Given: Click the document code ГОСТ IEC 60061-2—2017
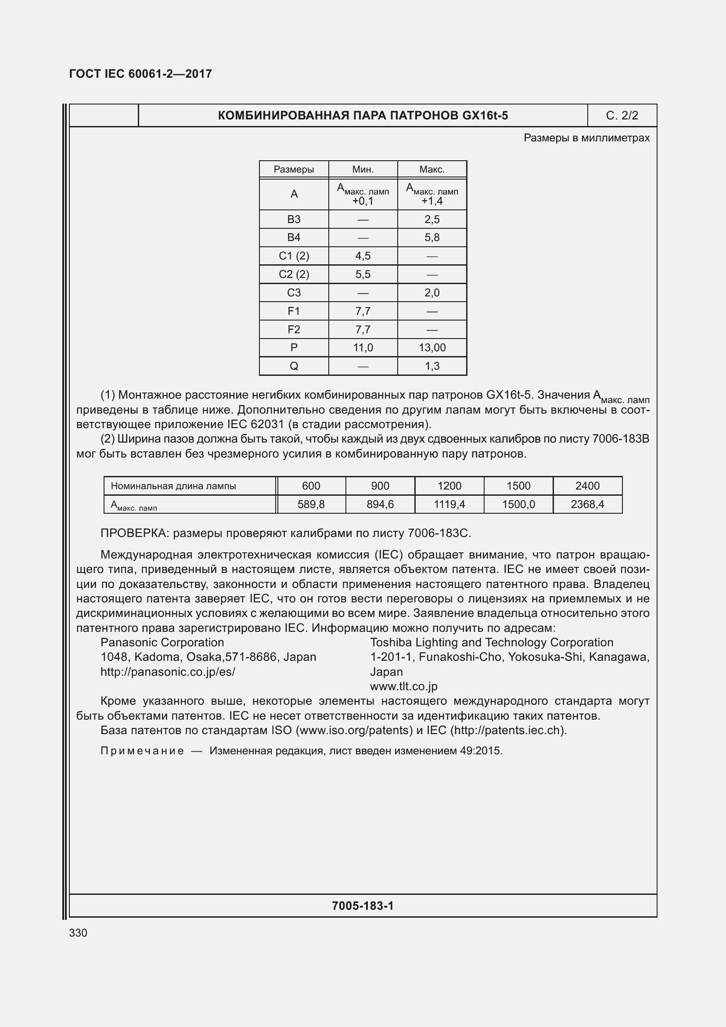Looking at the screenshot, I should pyautogui.click(x=140, y=74).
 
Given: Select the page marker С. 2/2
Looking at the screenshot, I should pyautogui.click(x=622, y=115).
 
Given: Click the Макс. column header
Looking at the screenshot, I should pyautogui.click(x=431, y=169).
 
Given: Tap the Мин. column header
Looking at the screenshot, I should pyautogui.click(x=363, y=169).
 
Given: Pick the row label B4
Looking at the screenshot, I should pyautogui.click(x=294, y=238).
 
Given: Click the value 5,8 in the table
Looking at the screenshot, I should pyautogui.click(x=432, y=238).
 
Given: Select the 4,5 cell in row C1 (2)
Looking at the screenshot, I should pyautogui.click(x=363, y=256).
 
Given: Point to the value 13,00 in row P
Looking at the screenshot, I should pyautogui.click(x=432, y=348).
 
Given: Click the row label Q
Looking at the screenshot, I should pyautogui.click(x=294, y=366).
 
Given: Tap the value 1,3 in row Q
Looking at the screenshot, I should pyautogui.click(x=432, y=366).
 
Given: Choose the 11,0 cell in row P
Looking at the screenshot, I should pyautogui.click(x=363, y=348).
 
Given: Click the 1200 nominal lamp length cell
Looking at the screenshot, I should pyautogui.click(x=449, y=486).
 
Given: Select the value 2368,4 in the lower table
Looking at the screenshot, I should pyautogui.click(x=587, y=504).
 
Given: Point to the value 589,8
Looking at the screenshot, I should pyautogui.click(x=311, y=504).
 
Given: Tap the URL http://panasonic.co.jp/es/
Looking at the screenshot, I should pyautogui.click(x=168, y=672).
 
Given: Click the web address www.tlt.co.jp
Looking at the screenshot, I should pyautogui.click(x=403, y=686).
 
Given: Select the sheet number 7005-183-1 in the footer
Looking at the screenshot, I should pyautogui.click(x=363, y=906).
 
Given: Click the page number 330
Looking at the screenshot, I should pyautogui.click(x=78, y=933).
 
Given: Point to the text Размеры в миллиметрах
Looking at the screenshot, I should pyautogui.click(x=586, y=138).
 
